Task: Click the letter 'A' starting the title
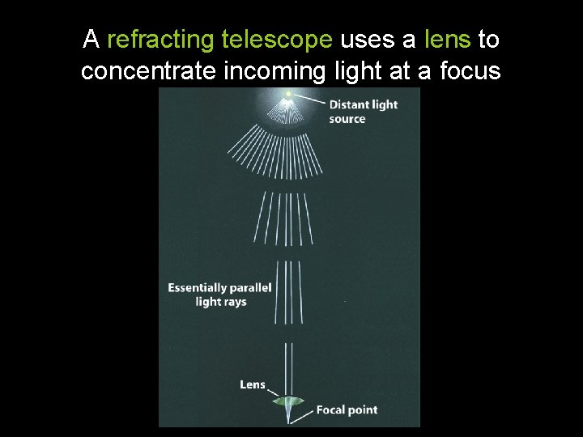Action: [x=91, y=39]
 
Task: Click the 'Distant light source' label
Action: [x=363, y=112]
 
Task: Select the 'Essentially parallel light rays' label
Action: [x=219, y=295]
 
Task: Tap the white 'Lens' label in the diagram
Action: [x=252, y=384]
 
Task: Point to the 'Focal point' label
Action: [x=346, y=410]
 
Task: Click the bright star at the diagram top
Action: [x=288, y=95]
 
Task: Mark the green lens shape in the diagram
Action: [x=288, y=400]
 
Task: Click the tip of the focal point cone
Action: [x=289, y=420]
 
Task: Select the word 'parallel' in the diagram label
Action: [x=251, y=288]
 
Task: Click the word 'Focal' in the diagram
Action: [x=331, y=410]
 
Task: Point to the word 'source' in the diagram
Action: [x=347, y=119]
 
